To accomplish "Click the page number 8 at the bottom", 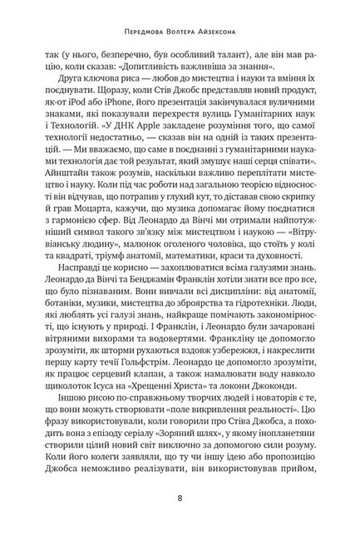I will pyautogui.click(x=180, y=499).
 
